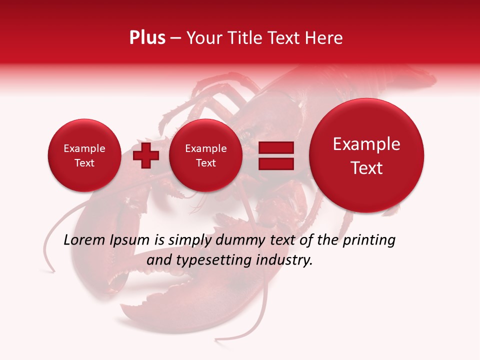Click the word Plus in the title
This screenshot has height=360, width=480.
[147, 38]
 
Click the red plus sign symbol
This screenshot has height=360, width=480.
[145, 155]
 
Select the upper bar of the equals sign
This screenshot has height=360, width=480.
[276, 147]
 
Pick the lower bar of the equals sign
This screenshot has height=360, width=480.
[276, 163]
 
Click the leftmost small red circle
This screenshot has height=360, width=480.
[84, 155]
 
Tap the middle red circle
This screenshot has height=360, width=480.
[205, 155]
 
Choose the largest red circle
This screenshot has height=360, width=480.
[366, 155]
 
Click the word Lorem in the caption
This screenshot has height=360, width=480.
[84, 240]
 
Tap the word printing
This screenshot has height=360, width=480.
[369, 240]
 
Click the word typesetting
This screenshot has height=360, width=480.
[219, 260]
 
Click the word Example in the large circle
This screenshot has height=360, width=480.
[366, 144]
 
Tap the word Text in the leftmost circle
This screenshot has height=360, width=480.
[84, 163]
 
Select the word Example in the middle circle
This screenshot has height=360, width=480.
[205, 148]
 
